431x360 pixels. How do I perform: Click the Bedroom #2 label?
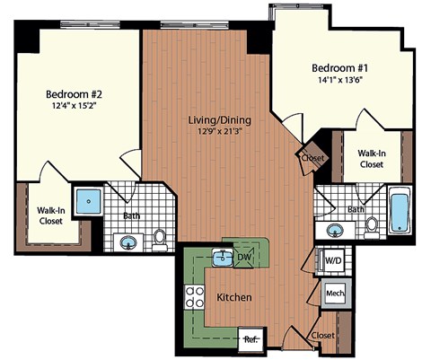[75, 92]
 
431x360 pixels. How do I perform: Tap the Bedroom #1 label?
[338, 68]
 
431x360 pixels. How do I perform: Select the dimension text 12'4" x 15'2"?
[75, 106]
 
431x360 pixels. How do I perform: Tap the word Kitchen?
[233, 297]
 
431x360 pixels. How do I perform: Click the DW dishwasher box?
[244, 259]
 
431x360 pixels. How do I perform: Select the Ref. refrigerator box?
[251, 338]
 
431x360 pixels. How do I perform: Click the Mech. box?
[335, 294]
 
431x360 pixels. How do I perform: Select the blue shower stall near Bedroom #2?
[88, 201]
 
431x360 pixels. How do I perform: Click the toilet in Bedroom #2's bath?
[160, 239]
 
